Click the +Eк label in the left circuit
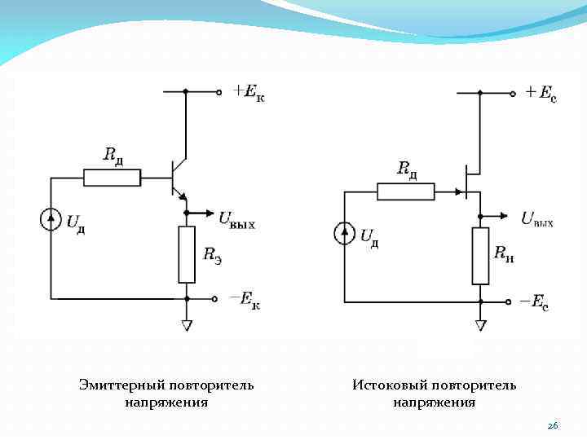coord(248,93)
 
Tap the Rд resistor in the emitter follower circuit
coord(112,178)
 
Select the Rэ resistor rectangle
coord(187,254)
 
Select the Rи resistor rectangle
coord(480,256)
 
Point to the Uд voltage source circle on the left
coord(51,220)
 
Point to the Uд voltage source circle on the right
coord(345,235)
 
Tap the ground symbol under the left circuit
coord(187,325)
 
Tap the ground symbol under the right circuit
coord(480,325)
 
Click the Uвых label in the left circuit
coord(236,218)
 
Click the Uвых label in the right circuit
coord(537,218)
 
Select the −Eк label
coord(245,301)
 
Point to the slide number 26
coord(552,426)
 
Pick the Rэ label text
coord(212,253)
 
